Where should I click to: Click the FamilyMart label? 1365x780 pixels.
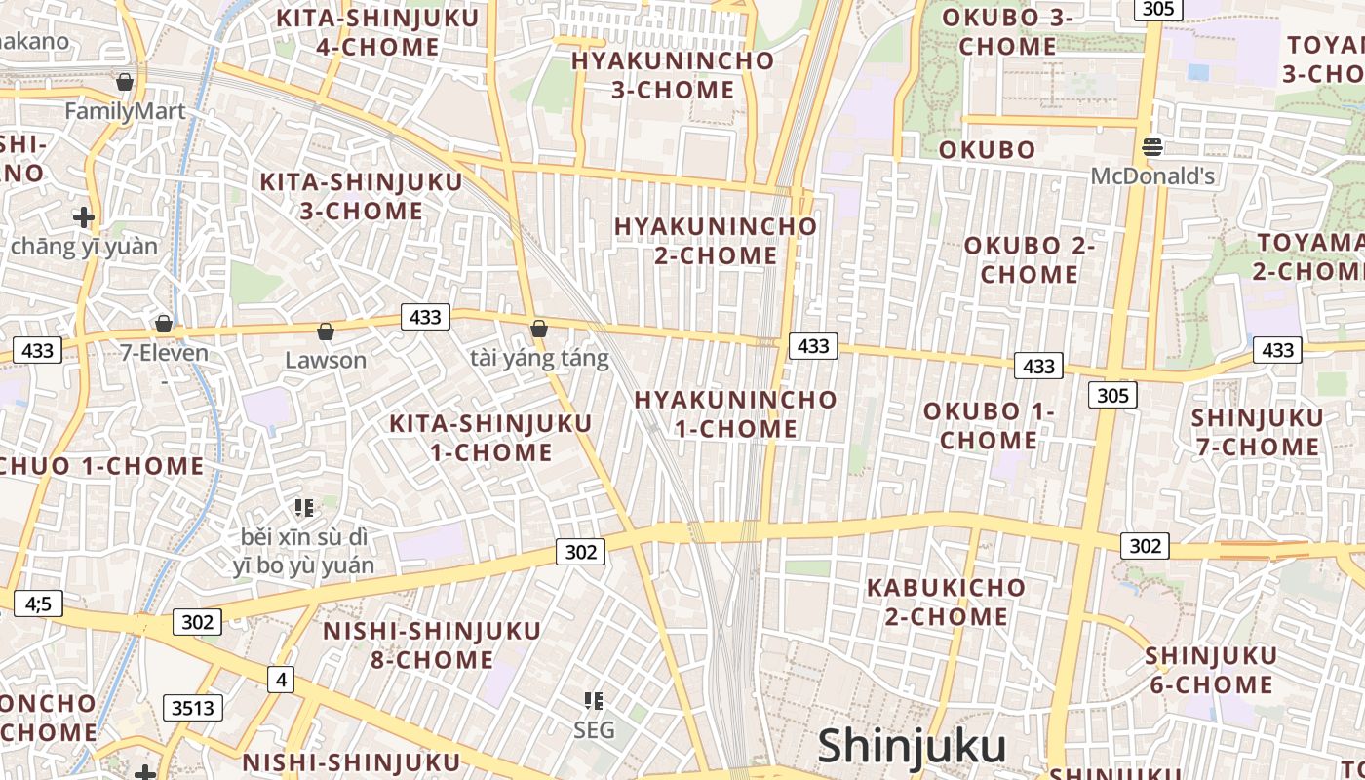(x=125, y=111)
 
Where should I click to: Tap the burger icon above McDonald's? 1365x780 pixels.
(x=1152, y=147)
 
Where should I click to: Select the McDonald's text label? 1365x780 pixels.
(x=1152, y=176)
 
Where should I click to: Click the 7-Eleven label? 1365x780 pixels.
(x=164, y=353)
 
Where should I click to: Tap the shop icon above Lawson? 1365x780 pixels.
(x=326, y=332)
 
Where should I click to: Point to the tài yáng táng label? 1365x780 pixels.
(x=539, y=359)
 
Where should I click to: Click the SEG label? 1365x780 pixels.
(x=594, y=729)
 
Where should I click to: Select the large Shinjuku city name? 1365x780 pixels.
(x=912, y=746)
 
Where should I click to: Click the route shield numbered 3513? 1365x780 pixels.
(x=193, y=708)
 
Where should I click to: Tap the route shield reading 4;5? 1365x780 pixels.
(x=37, y=604)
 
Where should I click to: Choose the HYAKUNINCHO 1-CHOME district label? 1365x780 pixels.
(x=736, y=414)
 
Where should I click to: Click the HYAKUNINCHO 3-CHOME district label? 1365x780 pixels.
(x=673, y=75)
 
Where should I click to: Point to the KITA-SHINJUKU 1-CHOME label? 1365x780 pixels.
(x=490, y=438)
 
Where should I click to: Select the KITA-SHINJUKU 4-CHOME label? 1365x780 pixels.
(x=377, y=32)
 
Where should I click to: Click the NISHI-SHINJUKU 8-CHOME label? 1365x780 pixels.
(x=432, y=644)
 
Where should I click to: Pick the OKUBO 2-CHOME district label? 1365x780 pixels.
(x=1030, y=260)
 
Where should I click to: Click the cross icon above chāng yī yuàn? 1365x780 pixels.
(x=84, y=216)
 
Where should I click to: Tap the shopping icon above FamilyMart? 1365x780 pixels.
(x=125, y=82)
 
